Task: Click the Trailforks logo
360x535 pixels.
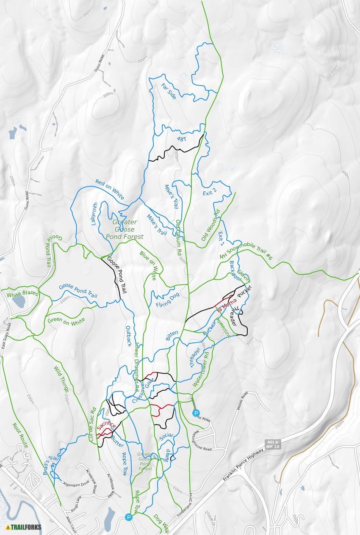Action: pos(24,527)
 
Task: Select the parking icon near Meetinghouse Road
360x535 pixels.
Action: pos(196,413)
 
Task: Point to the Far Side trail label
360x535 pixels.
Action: pos(169,91)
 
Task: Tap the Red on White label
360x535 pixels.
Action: pos(109,189)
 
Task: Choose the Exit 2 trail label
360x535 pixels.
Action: pos(210,192)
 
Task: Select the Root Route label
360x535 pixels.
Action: pos(20,436)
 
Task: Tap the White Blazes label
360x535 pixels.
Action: pos(22,293)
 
